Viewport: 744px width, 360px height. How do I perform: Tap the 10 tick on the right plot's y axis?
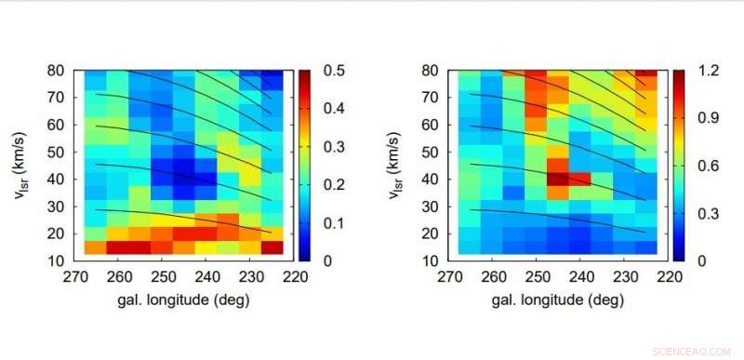(x=431, y=260)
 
